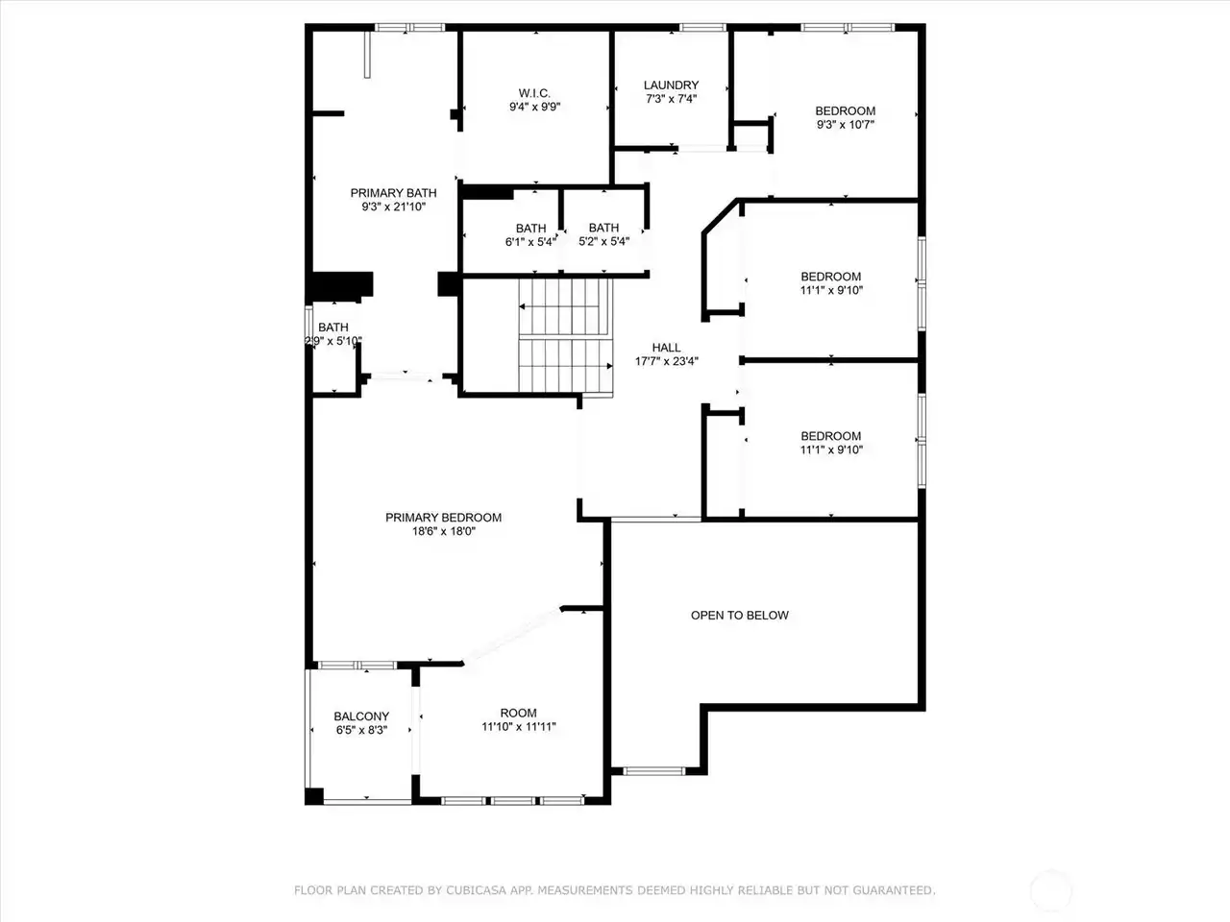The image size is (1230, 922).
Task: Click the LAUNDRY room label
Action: [671, 85]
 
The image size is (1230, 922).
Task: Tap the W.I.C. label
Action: [534, 93]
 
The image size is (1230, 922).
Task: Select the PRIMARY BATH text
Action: [393, 193]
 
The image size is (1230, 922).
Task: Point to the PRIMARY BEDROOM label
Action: [443, 518]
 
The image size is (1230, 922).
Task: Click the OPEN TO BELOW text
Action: [740, 616]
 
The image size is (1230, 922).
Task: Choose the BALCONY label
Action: [361, 716]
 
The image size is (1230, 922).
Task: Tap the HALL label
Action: [666, 348]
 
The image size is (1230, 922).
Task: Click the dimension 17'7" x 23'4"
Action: [666, 362]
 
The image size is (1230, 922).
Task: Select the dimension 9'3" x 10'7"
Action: [845, 125]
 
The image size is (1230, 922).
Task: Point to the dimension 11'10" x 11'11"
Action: [518, 727]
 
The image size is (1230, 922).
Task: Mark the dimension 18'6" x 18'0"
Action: [444, 531]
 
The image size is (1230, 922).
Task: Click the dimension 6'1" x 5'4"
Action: [530, 242]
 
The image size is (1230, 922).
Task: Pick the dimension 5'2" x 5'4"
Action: [603, 242]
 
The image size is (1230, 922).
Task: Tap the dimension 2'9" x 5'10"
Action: [333, 341]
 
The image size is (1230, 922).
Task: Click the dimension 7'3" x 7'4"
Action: [671, 99]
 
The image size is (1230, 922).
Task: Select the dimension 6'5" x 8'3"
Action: [361, 731]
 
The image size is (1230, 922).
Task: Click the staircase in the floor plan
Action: [565, 337]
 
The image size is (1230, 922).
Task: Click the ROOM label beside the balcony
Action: [518, 714]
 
